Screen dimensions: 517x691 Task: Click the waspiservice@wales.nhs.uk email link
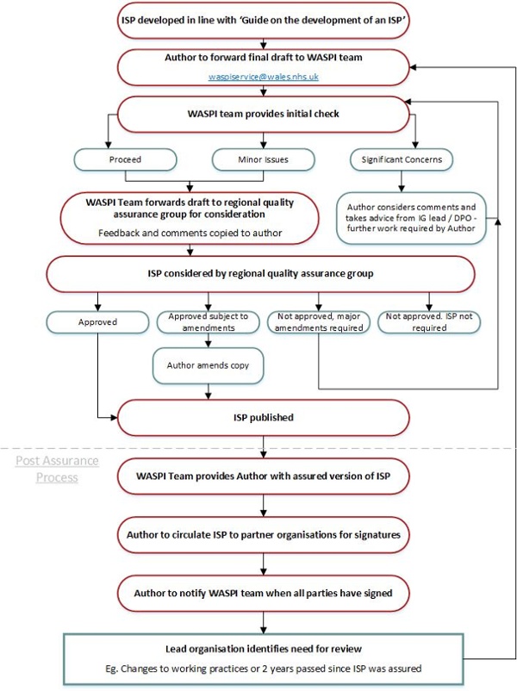pos(264,77)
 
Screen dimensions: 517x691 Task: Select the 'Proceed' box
pos(125,159)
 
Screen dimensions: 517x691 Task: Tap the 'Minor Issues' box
pos(263,159)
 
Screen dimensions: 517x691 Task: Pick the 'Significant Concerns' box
pos(402,159)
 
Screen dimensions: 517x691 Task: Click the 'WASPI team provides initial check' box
pos(264,114)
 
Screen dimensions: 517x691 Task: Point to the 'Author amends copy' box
pos(208,365)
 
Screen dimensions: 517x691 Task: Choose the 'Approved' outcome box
pos(97,322)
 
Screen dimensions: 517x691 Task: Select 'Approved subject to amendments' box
pos(208,322)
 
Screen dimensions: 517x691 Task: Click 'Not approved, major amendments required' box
pos(319,322)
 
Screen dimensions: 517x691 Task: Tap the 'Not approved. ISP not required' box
pos(429,322)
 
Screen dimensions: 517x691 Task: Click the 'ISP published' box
pos(264,418)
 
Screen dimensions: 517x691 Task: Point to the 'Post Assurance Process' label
pos(57,469)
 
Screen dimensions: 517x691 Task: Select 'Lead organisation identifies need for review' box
pos(264,659)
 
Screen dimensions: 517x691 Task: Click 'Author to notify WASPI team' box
pos(264,593)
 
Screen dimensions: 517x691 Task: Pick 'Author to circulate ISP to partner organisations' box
pos(264,535)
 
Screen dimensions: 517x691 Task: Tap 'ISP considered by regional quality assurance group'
pos(260,274)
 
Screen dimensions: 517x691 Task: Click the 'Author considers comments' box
pos(411,218)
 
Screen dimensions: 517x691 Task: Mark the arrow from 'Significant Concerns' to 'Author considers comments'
pos(402,182)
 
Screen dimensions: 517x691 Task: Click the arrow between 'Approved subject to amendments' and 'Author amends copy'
pos(208,340)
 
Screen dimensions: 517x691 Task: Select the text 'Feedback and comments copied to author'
pos(190,233)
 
